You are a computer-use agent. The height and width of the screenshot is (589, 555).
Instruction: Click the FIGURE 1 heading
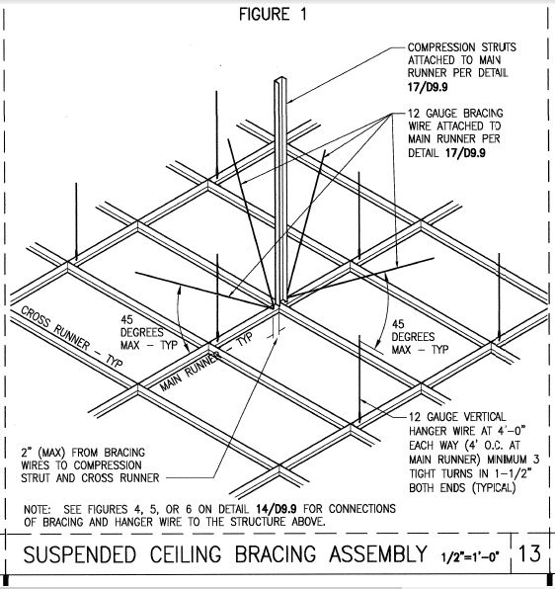tap(273, 14)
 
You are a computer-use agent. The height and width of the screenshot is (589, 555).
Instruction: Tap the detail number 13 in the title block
tap(529, 553)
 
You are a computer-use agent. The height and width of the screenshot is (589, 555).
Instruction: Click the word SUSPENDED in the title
tap(80, 554)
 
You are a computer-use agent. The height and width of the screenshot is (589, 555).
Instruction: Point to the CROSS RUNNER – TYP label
tap(71, 337)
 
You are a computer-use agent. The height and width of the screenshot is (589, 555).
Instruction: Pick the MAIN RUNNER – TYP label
tap(206, 362)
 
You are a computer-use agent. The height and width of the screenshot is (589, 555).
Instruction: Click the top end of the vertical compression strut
tap(280, 79)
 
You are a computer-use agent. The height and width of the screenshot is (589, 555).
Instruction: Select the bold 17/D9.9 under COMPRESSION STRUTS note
tap(428, 87)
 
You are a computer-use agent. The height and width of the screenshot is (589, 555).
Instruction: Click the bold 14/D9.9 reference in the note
tap(277, 509)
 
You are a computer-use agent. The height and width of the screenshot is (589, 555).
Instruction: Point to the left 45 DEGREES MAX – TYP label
tap(148, 332)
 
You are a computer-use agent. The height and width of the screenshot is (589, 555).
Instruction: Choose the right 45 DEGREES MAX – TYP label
tap(420, 337)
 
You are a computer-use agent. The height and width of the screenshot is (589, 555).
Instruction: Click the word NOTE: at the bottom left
tap(37, 509)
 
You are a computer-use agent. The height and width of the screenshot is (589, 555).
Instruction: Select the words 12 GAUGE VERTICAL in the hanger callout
tap(457, 417)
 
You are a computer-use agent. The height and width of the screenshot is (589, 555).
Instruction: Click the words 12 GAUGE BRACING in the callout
tap(455, 114)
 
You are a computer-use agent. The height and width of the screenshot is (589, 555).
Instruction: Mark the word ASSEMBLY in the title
tap(378, 554)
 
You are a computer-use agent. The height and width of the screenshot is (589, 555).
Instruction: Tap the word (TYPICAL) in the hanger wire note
tap(494, 488)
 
